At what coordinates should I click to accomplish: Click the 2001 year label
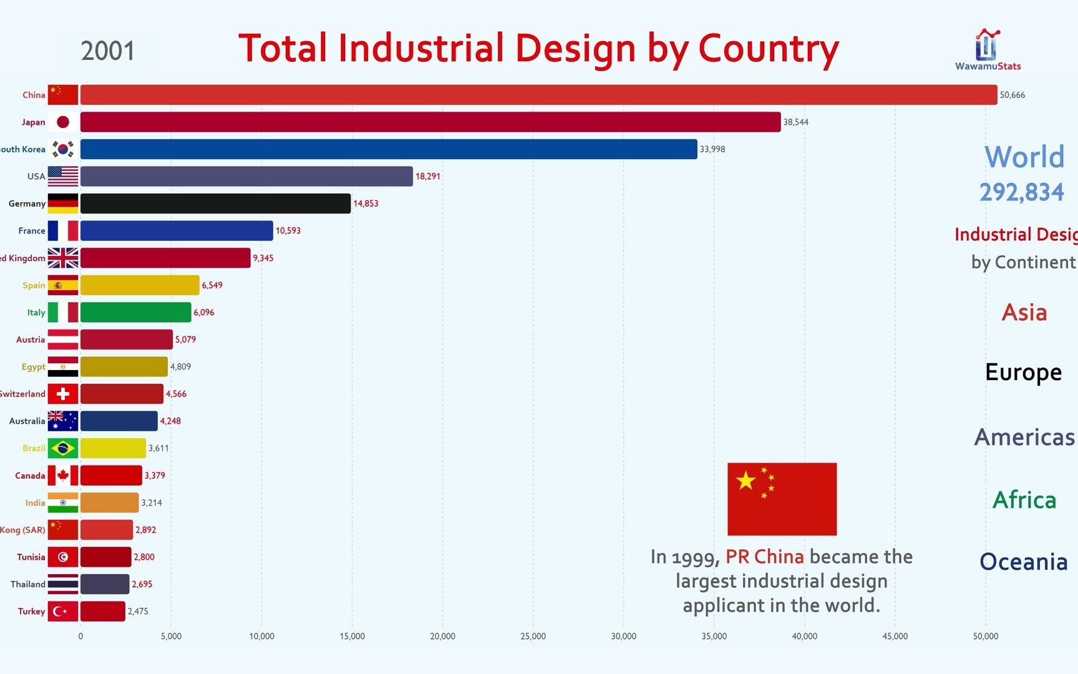click(108, 51)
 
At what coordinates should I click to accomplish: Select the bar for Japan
click(430, 122)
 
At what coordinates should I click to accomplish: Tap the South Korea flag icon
click(63, 149)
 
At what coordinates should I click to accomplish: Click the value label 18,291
click(428, 177)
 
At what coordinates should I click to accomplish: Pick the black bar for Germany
click(215, 203)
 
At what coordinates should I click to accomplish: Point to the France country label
click(32, 231)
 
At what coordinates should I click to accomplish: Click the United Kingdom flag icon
click(63, 258)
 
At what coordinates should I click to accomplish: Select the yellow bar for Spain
click(140, 285)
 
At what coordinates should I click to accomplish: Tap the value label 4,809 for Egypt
click(181, 367)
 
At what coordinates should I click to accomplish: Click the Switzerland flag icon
click(63, 394)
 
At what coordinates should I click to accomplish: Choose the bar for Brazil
click(113, 448)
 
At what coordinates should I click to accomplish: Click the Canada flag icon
click(63, 476)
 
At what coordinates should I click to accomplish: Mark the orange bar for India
click(109, 502)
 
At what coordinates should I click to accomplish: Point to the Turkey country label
click(31, 612)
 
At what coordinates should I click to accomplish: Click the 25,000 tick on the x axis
click(533, 637)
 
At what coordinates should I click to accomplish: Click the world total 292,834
click(1021, 192)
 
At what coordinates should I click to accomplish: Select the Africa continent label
click(1024, 500)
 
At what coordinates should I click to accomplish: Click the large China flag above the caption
click(782, 499)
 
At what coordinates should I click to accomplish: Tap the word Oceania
click(1023, 562)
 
